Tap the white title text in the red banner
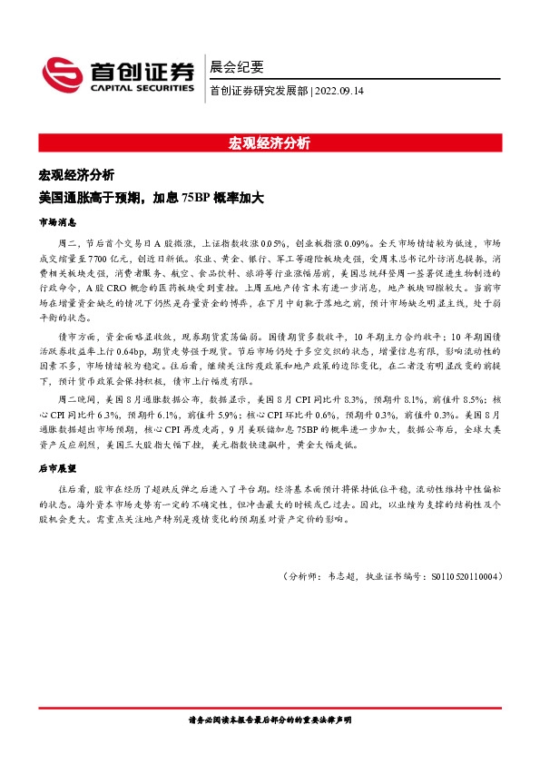270,142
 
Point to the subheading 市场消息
57,221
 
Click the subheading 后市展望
57,468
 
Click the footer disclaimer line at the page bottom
270,719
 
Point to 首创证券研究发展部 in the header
258,91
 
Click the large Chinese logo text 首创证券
141,71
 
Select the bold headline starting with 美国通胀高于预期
150,197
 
